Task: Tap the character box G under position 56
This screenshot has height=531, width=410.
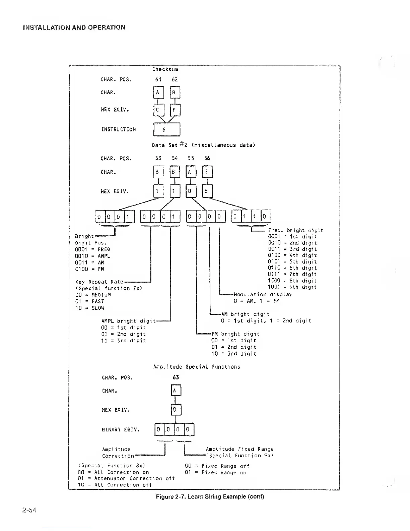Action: [207, 172]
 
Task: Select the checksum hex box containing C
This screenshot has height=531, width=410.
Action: [158, 110]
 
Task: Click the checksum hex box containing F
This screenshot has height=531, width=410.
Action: [175, 110]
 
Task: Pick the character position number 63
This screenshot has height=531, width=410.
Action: [176, 377]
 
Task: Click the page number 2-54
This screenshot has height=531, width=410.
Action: [29, 510]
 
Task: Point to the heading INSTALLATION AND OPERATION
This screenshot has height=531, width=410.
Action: [74, 27]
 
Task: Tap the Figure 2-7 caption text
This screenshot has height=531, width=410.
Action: [210, 496]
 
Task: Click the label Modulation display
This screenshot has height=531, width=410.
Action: [263, 294]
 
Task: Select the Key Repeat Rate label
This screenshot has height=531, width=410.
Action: [99, 282]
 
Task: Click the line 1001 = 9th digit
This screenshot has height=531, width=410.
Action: [292, 287]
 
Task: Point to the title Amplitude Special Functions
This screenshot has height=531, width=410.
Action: [197, 367]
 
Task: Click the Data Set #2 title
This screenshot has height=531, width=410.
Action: [203, 145]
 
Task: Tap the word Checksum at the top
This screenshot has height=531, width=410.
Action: [165, 69]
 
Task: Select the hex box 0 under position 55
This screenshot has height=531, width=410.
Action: [191, 191]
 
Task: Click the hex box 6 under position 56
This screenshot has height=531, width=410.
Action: [207, 191]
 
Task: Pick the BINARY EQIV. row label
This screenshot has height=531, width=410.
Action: [121, 430]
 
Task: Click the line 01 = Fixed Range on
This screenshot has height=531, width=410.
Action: [215, 472]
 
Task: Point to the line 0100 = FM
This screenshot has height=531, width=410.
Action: [89, 269]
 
